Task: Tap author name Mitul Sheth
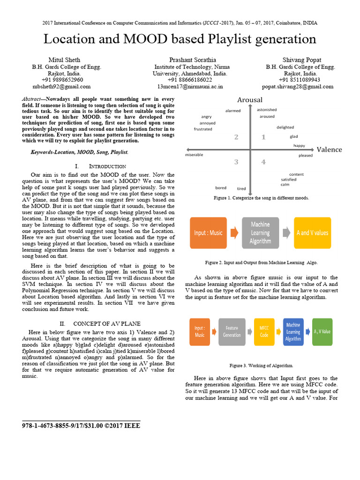64,60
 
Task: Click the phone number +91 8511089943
300,80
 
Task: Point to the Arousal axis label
250,100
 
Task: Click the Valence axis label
329,150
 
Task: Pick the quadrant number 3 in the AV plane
236,162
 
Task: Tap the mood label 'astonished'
267,110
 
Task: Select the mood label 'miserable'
194,155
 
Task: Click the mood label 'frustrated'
203,129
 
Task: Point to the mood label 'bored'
221,188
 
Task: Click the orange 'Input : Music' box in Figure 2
208,233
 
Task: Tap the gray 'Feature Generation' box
232,332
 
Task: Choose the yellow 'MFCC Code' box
264,332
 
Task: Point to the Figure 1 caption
261,198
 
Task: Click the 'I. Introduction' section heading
100,166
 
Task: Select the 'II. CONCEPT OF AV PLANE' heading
100,324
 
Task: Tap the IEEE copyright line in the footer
81,426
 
